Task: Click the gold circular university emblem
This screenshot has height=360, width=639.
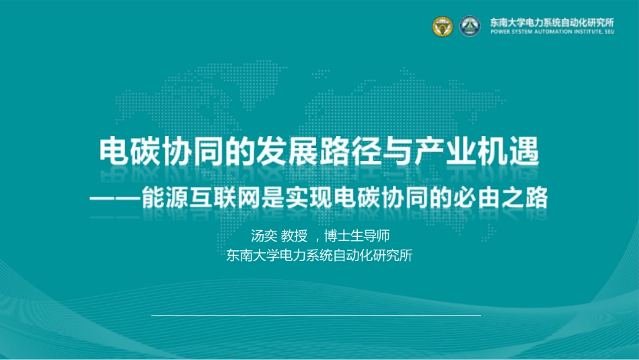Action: pyautogui.click(x=443, y=26)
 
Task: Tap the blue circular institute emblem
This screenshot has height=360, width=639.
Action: pyautogui.click(x=470, y=26)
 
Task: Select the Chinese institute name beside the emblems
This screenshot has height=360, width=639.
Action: pyautogui.click(x=552, y=22)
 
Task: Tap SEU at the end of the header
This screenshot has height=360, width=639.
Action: pyautogui.click(x=609, y=32)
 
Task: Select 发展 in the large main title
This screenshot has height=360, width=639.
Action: pyautogui.click(x=287, y=151)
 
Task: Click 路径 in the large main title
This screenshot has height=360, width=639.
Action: pyautogui.click(x=350, y=151)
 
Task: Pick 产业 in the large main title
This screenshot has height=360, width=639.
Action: pyautogui.click(x=445, y=151)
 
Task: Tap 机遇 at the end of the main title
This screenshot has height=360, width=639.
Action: pyautogui.click(x=509, y=151)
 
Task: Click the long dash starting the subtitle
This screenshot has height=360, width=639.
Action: pyautogui.click(x=115, y=199)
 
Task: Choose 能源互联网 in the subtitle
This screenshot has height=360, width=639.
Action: pyautogui.click(x=200, y=198)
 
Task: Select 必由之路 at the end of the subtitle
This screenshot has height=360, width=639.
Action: pyautogui.click(x=501, y=198)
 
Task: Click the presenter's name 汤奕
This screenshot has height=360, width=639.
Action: pyautogui.click(x=264, y=236)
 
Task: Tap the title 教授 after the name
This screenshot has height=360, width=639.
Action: pyautogui.click(x=295, y=236)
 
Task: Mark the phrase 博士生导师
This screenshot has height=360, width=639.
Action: pyautogui.click(x=357, y=236)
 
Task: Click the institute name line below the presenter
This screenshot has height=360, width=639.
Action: pyautogui.click(x=319, y=255)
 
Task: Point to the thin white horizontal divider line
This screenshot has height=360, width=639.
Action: pyautogui.click(x=316, y=315)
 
